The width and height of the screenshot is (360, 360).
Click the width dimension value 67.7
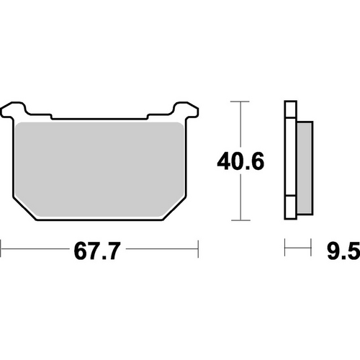(x=99, y=251)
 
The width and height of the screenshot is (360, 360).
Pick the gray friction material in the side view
(x=304, y=166)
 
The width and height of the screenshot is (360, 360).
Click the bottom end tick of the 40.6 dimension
(x=239, y=220)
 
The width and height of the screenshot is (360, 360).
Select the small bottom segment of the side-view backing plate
(x=289, y=210)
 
